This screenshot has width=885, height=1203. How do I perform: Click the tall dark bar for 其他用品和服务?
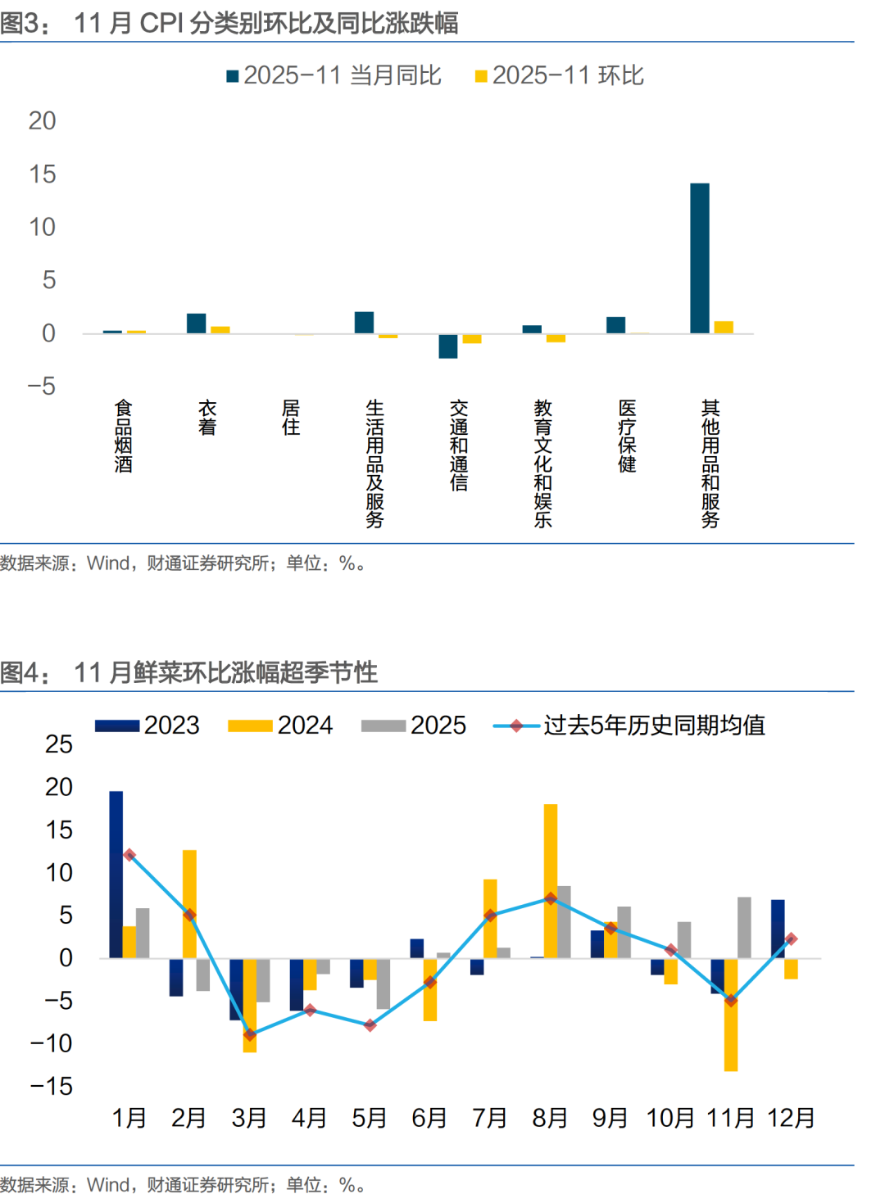(700, 258)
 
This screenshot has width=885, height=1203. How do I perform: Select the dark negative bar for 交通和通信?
(448, 346)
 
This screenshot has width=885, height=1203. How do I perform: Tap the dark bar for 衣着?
(197, 323)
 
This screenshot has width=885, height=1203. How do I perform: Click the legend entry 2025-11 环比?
(560, 75)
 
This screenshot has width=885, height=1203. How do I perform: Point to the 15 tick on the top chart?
(43, 174)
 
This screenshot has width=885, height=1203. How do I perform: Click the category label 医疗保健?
(627, 436)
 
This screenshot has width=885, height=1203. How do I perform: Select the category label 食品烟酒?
(124, 436)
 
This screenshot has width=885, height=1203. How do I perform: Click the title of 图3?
(229, 23)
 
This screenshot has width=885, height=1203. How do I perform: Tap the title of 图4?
(189, 672)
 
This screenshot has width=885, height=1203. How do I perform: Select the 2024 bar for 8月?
(551, 880)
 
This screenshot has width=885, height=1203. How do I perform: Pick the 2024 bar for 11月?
(731, 1015)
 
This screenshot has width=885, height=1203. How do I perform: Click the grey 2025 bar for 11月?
(744, 927)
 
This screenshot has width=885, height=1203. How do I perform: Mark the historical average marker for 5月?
(370, 1024)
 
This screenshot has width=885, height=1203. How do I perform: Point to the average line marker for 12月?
(791, 939)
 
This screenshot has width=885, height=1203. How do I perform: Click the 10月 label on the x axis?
(670, 1118)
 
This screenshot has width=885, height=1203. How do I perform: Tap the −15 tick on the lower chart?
(51, 1087)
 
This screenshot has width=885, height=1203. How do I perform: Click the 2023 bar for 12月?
(778, 929)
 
